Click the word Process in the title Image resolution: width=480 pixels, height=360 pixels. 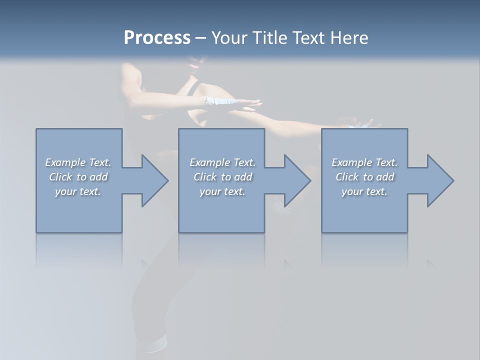tap(157, 38)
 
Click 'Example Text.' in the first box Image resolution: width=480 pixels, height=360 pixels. tap(78, 162)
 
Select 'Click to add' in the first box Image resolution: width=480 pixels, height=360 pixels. tap(78, 177)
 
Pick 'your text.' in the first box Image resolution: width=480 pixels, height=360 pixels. tap(78, 191)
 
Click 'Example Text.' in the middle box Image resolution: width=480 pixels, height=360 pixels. tap(222, 162)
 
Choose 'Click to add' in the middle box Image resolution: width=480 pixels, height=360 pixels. tap(222, 177)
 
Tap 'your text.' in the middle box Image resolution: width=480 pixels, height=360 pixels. tap(222, 191)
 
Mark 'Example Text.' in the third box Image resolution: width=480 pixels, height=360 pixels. tap(364, 162)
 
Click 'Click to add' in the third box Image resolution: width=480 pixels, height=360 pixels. tap(364, 177)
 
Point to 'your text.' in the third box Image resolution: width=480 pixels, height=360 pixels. tap(364, 191)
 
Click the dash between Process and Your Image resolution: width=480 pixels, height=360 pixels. tap(200, 38)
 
